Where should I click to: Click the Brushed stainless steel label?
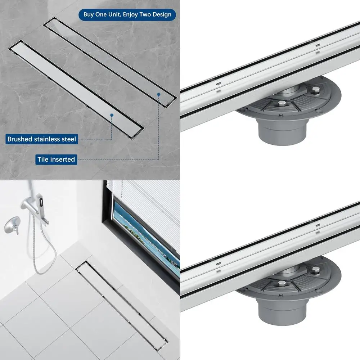[x=42, y=139]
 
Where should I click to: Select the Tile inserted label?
[x=57, y=159]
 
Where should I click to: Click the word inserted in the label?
[x=63, y=159]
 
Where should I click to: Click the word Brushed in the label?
[x=18, y=139]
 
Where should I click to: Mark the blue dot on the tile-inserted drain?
[x=158, y=95]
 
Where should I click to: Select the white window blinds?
[x=151, y=202]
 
